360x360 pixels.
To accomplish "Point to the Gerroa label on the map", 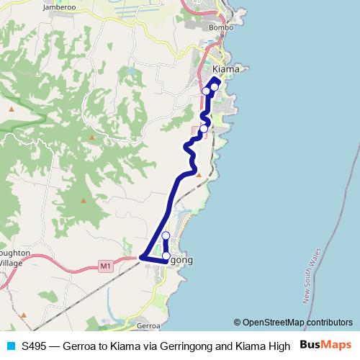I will click(x=148, y=325).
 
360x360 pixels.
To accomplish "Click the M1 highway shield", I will click(x=106, y=266).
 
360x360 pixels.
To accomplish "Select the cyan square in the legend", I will click(x=9, y=345).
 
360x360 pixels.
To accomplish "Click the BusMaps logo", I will click(x=326, y=345).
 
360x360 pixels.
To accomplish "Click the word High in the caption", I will click(x=279, y=345).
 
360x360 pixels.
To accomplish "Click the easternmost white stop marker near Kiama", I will click(x=215, y=86).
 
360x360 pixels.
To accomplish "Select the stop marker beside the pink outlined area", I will click(x=204, y=128).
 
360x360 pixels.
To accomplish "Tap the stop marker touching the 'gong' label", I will click(x=166, y=256).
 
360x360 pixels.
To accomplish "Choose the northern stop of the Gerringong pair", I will click(x=166, y=236).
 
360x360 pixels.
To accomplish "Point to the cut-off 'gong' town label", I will click(x=182, y=259).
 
